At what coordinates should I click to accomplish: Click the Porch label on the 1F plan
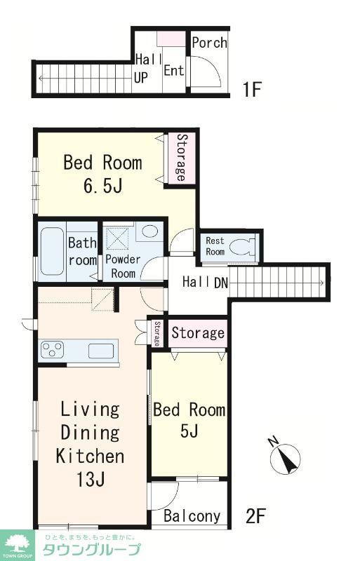(x=210, y=43)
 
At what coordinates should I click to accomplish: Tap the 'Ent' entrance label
(x=174, y=71)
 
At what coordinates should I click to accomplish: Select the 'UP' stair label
(x=141, y=78)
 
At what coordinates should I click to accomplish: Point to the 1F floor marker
(x=251, y=89)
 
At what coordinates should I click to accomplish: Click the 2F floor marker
(x=255, y=516)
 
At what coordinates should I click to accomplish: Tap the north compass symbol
(x=286, y=457)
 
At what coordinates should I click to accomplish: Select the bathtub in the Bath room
(x=52, y=251)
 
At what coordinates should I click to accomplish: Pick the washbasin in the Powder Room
(x=149, y=231)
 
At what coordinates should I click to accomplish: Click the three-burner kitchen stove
(x=53, y=349)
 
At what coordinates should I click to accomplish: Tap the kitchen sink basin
(x=101, y=351)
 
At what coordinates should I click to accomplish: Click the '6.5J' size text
(x=102, y=185)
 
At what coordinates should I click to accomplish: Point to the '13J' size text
(x=91, y=480)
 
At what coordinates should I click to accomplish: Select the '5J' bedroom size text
(x=189, y=431)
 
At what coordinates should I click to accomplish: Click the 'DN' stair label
(x=221, y=283)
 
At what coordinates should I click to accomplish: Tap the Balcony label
(x=192, y=516)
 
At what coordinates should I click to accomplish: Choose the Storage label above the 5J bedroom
(x=198, y=332)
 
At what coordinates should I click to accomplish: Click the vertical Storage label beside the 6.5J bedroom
(x=181, y=157)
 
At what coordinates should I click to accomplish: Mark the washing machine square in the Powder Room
(x=117, y=238)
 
